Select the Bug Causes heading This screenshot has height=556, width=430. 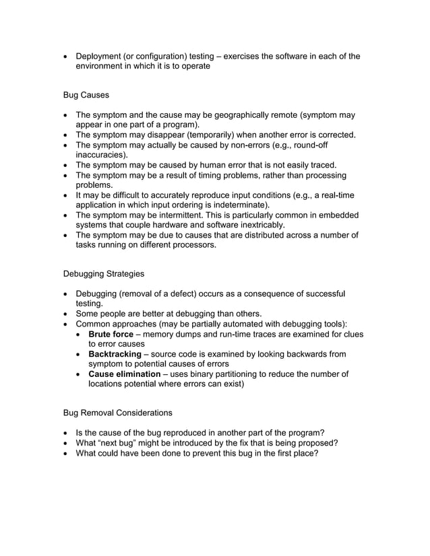tap(86, 95)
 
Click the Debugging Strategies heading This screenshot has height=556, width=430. tap(103, 274)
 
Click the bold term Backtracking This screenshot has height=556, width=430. tap(115, 354)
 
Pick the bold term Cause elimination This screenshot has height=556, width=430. tap(124, 374)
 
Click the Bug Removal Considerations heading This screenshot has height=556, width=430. tap(117, 413)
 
